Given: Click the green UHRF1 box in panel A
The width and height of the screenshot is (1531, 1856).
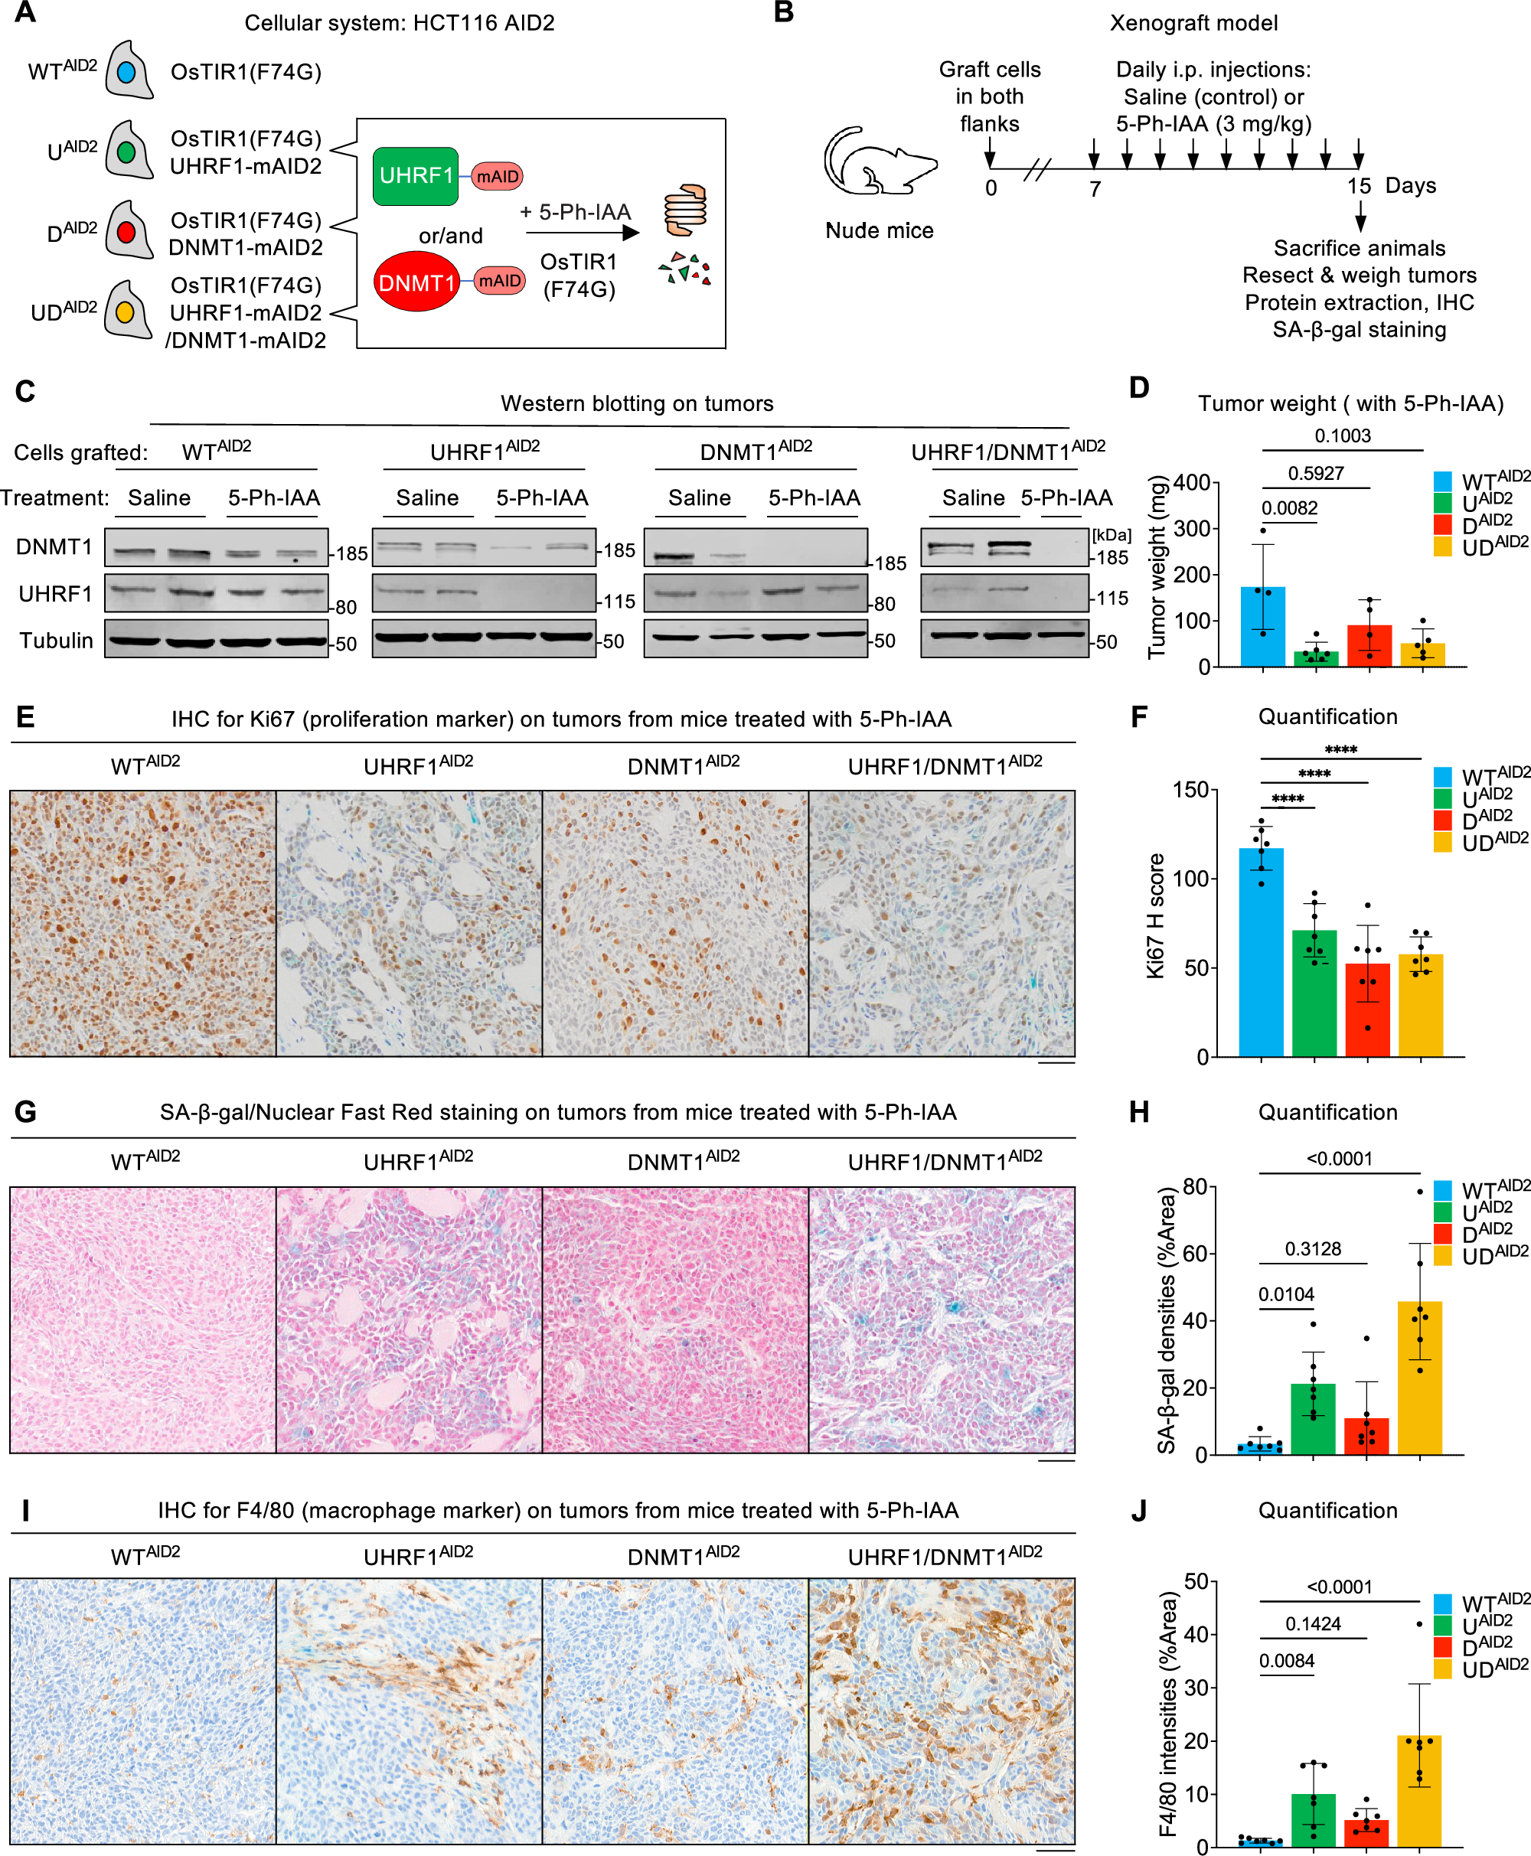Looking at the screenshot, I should pos(416,176).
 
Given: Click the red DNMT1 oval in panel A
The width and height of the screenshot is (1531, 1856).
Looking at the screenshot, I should pos(416,282).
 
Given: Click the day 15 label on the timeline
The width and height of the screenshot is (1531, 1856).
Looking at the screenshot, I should pos(1358,186).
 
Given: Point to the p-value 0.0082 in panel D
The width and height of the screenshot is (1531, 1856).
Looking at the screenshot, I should pos(1288,508).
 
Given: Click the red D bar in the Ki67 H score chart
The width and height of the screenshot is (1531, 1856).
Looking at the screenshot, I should pos(1367,1010).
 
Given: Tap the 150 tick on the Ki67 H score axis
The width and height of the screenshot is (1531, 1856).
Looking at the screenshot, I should pos(1190,789).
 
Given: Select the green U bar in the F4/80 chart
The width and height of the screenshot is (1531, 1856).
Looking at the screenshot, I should pos(1313,1820).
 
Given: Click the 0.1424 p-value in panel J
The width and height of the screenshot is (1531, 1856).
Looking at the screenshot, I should pos(1312,1624).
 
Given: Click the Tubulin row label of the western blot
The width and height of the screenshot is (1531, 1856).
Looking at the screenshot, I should pos(56,640).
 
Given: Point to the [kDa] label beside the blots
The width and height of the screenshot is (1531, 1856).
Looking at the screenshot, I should pos(1112,535).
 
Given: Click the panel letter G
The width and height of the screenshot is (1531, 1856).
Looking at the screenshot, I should pos(25,1112).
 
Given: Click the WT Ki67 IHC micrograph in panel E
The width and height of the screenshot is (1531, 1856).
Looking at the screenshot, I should pos(143,923).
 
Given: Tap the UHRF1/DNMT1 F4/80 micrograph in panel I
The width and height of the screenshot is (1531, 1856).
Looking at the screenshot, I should pos(941,1711).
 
